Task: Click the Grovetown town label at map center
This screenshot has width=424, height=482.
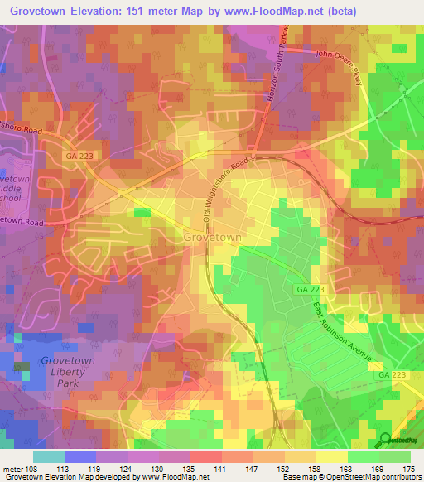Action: point(213,237)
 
